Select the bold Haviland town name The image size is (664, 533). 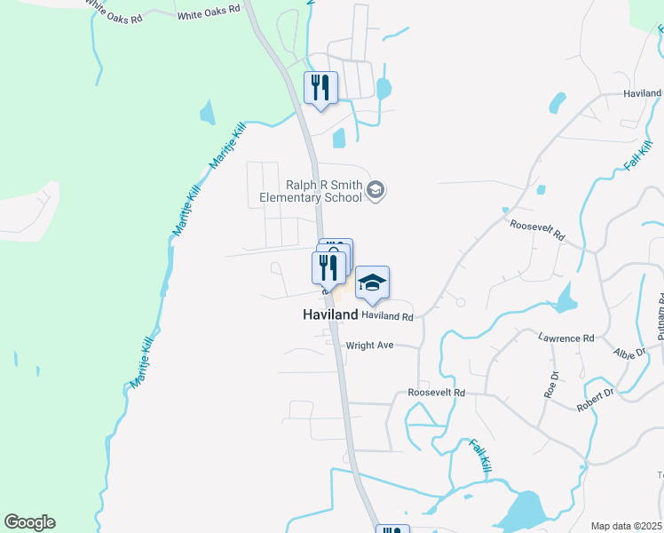(330, 315)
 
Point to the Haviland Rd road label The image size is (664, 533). (387, 316)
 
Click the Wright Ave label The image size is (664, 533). (369, 346)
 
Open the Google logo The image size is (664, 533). (29, 522)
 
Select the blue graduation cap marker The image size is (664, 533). (373, 282)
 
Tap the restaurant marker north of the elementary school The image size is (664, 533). (321, 87)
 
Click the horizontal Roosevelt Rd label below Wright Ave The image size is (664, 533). (436, 393)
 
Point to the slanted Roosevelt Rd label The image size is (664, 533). (537, 232)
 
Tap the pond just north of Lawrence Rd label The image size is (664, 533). (565, 298)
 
